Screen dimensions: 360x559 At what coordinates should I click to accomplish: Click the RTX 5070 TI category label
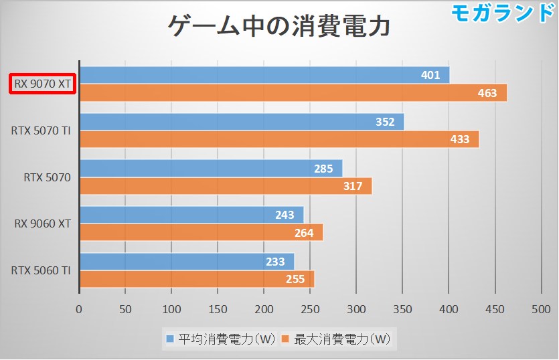pyautogui.click(x=41, y=130)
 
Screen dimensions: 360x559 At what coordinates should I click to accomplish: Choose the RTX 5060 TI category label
pyautogui.click(x=41, y=270)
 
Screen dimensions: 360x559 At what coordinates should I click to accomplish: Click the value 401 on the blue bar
pyautogui.click(x=430, y=75)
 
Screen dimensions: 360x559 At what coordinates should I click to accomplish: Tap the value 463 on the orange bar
pyautogui.click(x=487, y=93)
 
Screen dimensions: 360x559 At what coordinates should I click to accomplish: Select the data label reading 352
pyautogui.click(x=385, y=122)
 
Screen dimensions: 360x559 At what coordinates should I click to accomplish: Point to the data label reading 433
pyautogui.click(x=460, y=140)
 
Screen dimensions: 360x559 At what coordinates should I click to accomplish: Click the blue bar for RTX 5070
pyautogui.click(x=211, y=168)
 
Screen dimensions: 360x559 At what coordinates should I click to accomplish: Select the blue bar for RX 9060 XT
pyautogui.click(x=191, y=215)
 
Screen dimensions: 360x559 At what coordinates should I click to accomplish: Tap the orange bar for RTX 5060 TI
pyautogui.click(x=197, y=279)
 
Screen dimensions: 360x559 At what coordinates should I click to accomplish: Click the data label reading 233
pyautogui.click(x=275, y=262)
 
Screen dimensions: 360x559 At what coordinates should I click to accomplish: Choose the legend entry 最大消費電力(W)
pyautogui.click(x=335, y=339)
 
